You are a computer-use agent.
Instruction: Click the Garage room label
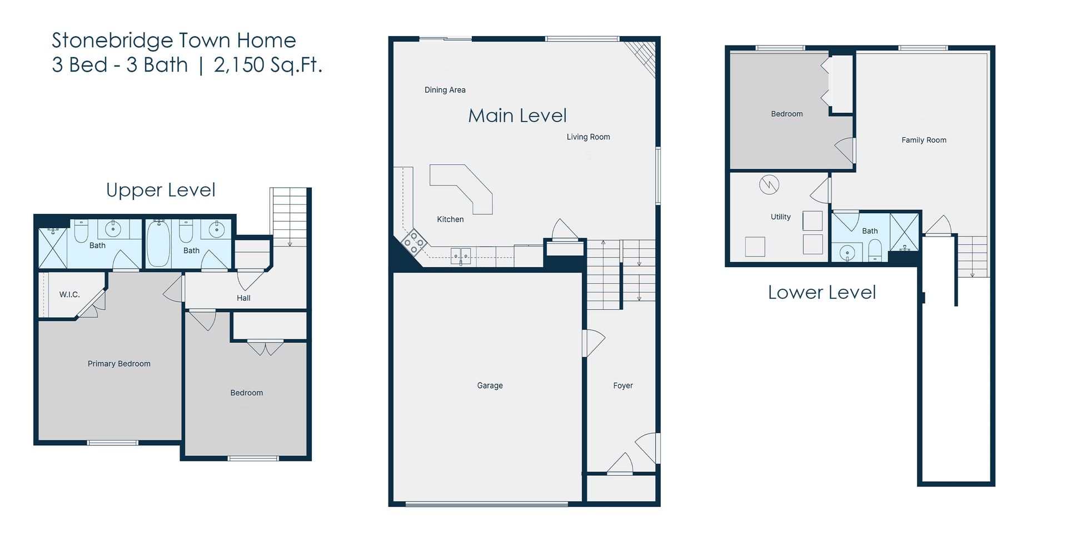click(490, 385)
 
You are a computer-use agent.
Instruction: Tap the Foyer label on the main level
click(622, 385)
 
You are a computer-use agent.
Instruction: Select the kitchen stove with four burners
click(414, 242)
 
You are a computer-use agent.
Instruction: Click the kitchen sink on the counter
click(461, 257)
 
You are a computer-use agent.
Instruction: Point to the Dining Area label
click(445, 90)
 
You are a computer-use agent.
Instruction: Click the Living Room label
click(588, 137)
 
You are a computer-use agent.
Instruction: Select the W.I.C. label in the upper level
click(69, 295)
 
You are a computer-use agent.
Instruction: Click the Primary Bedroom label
click(119, 364)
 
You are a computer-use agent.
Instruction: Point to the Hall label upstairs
click(243, 298)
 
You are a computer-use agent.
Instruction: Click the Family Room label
click(924, 140)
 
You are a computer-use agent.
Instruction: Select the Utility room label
click(780, 217)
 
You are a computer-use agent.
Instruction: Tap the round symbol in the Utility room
click(769, 184)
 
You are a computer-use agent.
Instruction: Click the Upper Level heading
click(161, 190)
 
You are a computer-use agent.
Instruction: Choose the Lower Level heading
click(821, 293)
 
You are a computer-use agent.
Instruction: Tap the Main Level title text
click(517, 115)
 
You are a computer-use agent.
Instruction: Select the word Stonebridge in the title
click(113, 41)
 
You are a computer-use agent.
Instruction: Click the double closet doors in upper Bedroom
click(265, 348)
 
